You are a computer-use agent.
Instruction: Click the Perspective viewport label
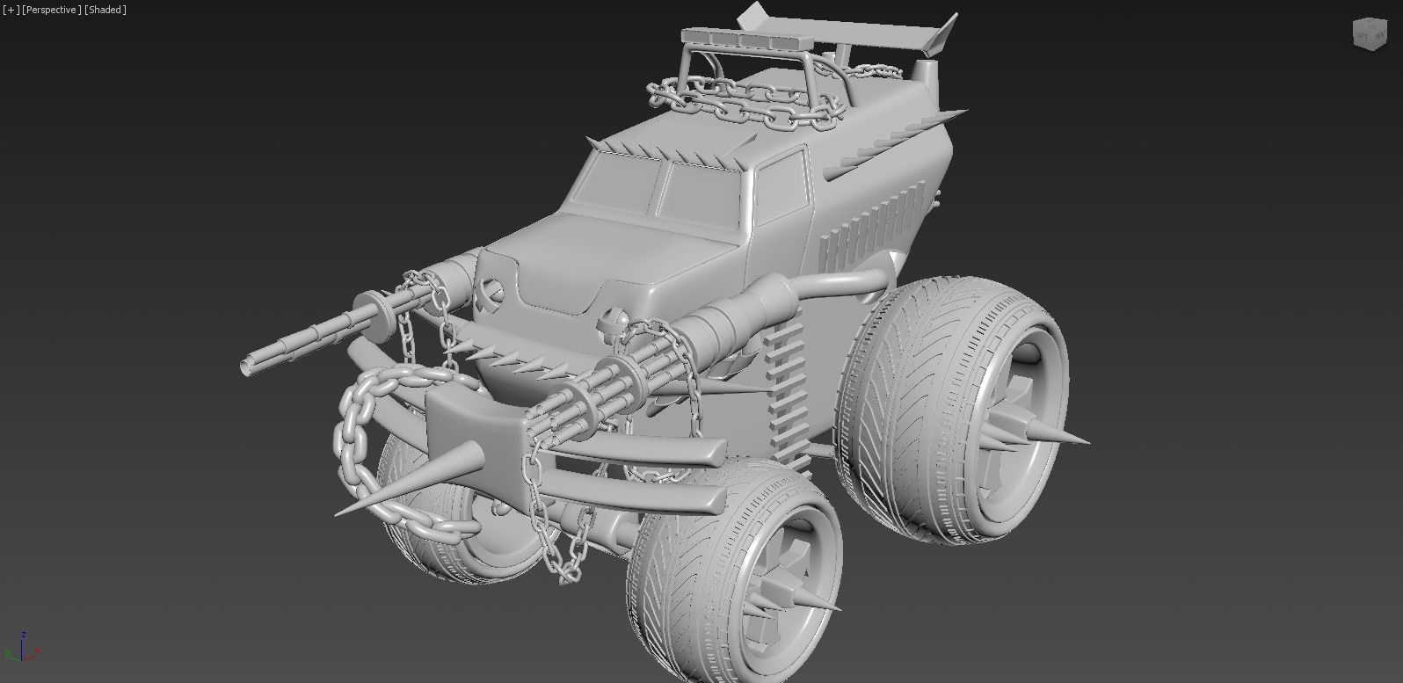click(52, 10)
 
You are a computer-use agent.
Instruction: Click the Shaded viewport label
click(105, 10)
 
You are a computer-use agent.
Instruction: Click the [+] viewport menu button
click(11, 10)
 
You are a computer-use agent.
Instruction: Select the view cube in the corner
click(1368, 34)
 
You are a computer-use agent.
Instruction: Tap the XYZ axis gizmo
click(22, 648)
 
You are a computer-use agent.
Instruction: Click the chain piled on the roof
click(747, 101)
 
